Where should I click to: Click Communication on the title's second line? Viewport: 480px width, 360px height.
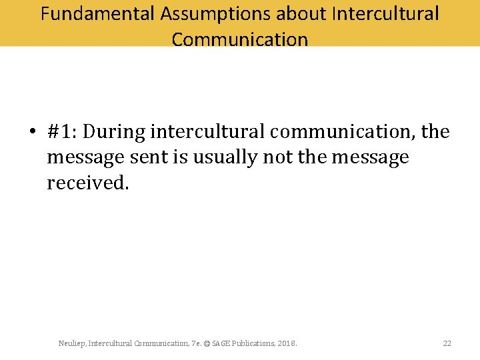(x=240, y=39)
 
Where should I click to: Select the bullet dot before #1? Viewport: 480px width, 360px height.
(x=32, y=133)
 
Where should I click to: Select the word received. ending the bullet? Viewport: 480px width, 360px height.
(x=87, y=183)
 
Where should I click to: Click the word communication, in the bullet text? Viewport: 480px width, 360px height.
(x=343, y=132)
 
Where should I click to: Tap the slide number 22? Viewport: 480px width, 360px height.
(x=447, y=343)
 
